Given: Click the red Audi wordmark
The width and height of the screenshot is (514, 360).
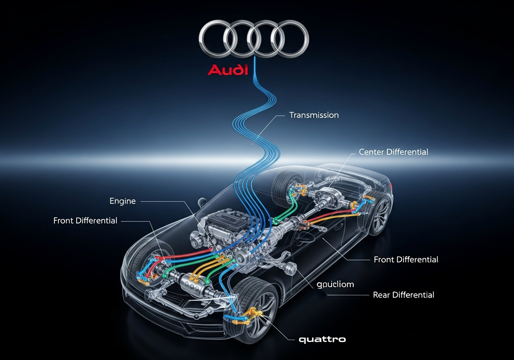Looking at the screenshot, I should click(x=228, y=70).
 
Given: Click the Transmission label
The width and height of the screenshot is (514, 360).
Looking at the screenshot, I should click(x=314, y=115).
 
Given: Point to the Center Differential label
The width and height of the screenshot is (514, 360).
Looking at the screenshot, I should click(x=394, y=152).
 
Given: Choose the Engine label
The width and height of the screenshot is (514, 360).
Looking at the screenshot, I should click(x=122, y=201).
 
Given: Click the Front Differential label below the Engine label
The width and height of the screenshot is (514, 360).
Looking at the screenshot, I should click(x=85, y=221).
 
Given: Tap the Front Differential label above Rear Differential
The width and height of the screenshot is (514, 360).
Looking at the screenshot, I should click(x=406, y=260).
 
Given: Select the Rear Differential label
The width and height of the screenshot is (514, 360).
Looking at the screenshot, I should click(x=404, y=295).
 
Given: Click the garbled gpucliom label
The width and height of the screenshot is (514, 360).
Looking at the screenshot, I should click(x=335, y=284).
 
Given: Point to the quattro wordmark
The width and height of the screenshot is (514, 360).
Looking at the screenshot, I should click(x=322, y=340).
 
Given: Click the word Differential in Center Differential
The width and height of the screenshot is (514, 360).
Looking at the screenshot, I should click(x=407, y=152).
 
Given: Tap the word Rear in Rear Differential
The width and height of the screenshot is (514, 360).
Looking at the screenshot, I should click(x=381, y=295).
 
